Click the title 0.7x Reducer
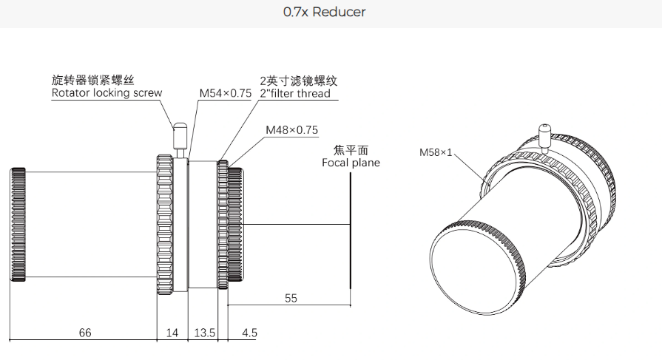[x=324, y=13]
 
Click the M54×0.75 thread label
[x=225, y=93]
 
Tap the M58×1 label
[x=435, y=153]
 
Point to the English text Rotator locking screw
[x=107, y=93]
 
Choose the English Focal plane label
[x=351, y=162]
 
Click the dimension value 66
[x=85, y=333]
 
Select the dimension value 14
[x=172, y=333]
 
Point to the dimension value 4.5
[x=249, y=333]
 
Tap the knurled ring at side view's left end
[x=18, y=225]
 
